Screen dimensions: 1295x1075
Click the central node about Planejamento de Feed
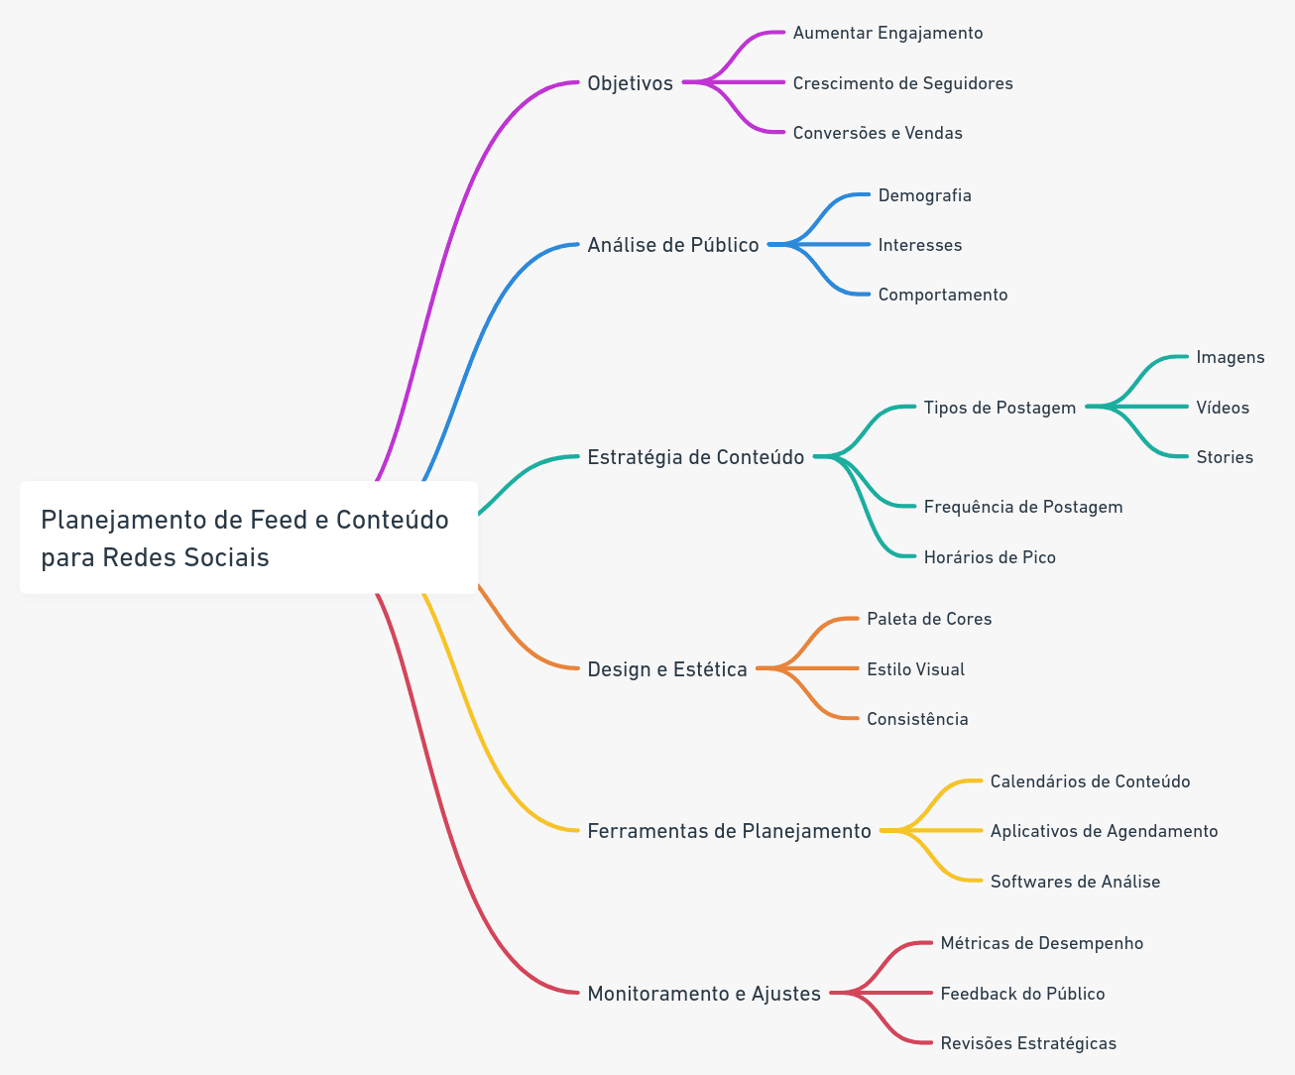pos(249,537)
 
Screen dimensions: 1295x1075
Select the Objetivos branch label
pos(630,83)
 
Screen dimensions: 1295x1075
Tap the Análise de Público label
pos(673,245)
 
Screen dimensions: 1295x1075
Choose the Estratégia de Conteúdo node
pos(695,457)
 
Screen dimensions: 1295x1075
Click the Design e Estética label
pos(666,669)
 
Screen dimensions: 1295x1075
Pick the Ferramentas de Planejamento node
pos(729,831)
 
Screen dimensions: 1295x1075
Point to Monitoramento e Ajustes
pos(704,994)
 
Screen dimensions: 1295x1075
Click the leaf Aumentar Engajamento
pos(887,33)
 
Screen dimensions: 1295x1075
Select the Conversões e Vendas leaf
pos(878,133)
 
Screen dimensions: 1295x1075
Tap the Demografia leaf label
pos(925,195)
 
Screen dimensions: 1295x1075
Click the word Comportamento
pos(943,295)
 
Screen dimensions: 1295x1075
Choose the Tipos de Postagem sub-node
pos(1000,408)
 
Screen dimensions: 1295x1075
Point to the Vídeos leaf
pos(1223,408)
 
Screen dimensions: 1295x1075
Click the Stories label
pos(1225,457)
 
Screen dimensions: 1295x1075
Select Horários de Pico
pos(990,557)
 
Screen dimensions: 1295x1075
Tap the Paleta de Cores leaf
pos(929,619)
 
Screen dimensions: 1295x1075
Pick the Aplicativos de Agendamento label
pos(1104,831)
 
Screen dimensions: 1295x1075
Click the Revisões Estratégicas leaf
pos(1028,1043)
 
